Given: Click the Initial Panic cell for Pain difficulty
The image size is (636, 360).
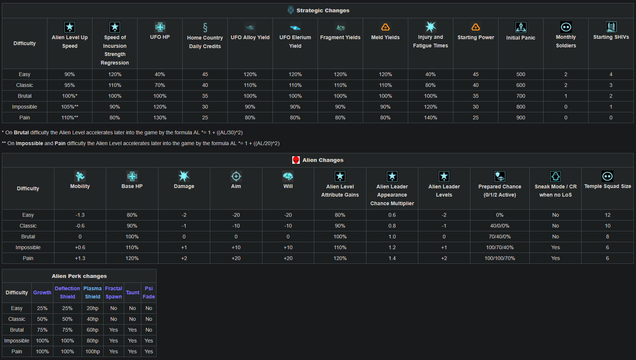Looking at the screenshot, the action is [520, 118].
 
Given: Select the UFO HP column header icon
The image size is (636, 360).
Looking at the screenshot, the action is [160, 27].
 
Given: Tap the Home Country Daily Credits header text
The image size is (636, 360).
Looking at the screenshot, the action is [205, 42].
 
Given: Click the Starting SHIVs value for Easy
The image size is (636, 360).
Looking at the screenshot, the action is [611, 75].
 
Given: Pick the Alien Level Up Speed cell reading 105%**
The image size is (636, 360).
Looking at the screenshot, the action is [70, 107].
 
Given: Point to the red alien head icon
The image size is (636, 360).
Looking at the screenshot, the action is [296, 160].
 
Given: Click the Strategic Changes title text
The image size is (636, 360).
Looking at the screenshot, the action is [323, 10].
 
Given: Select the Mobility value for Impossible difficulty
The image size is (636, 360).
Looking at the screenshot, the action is [80, 247].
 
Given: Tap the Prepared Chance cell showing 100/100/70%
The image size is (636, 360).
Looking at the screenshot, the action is [500, 258].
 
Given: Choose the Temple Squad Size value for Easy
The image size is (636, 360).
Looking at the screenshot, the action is [607, 215].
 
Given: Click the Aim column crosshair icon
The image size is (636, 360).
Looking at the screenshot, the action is [236, 176].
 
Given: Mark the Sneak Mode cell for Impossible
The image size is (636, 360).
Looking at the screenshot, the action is [555, 247].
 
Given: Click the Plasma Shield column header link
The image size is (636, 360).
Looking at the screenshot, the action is [92, 292].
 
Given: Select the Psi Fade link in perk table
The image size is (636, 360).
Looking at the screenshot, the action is [148, 292].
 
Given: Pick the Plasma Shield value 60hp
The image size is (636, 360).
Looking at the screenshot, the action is [92, 330].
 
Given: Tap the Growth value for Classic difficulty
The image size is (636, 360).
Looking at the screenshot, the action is [42, 319].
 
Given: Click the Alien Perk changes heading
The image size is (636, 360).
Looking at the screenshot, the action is [79, 276].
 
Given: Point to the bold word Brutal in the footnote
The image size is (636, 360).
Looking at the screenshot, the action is [21, 133].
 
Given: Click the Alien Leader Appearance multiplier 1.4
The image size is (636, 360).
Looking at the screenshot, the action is [392, 258].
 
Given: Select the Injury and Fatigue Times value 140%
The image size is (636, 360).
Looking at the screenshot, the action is [430, 118].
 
